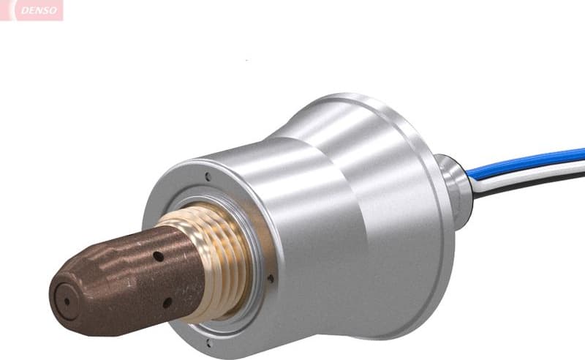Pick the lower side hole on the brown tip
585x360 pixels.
pyautogui.click(x=167, y=301)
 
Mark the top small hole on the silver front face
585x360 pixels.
pyautogui.click(x=208, y=176)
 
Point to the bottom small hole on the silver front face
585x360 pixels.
pyautogui.click(x=208, y=340)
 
